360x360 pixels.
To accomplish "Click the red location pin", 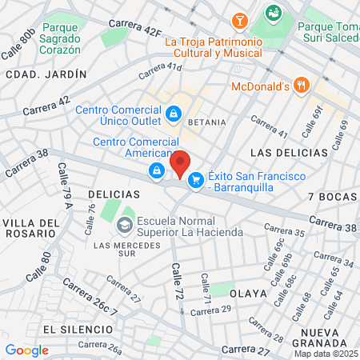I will coord(181,163).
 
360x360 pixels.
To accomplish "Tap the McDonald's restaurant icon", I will coord(301,85).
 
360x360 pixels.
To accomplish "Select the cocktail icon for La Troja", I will coord(238,20).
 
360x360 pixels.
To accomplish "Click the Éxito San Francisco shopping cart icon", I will coord(195,182).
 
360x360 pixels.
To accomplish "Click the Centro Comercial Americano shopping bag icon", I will coord(156,170).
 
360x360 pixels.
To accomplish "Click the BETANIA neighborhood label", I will coord(207,123).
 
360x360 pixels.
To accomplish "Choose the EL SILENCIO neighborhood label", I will coord(74,329).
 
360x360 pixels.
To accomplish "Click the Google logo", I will coord(26,349).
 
